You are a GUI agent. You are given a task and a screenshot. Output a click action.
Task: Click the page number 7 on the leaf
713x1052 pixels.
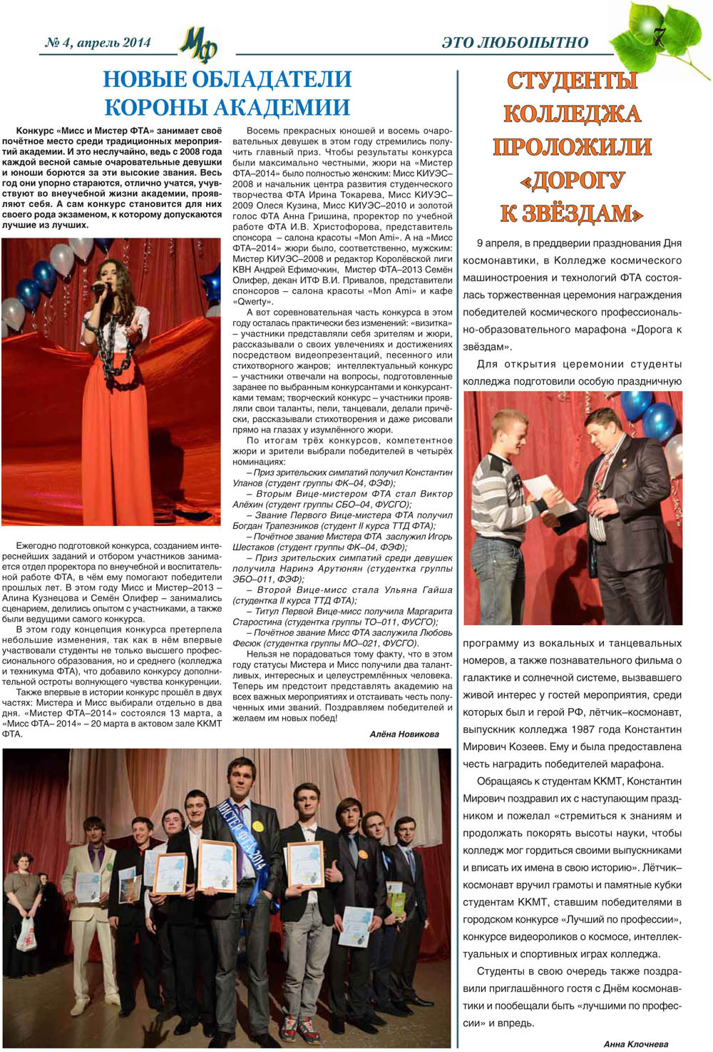[x=658, y=37]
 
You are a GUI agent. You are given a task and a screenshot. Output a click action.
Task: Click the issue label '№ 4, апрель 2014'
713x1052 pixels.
[x=98, y=43]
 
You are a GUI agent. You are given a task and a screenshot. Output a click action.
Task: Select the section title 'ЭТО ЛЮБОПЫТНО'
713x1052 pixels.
[x=515, y=43]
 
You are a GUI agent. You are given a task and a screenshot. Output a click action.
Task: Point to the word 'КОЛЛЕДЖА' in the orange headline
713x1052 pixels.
[x=572, y=114]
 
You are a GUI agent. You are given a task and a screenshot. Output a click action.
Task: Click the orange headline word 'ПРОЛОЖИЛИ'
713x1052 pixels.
[x=572, y=147]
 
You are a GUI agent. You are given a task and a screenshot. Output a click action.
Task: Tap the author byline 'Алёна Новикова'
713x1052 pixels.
[x=404, y=734]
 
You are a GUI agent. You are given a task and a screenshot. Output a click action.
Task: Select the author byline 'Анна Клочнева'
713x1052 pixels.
[x=635, y=1043]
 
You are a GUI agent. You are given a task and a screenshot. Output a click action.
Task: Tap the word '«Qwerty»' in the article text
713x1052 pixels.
[x=247, y=302]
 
